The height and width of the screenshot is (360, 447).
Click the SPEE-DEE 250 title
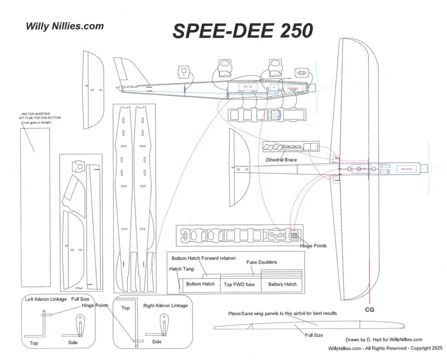[242, 31]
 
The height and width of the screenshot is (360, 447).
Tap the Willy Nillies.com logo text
[65, 26]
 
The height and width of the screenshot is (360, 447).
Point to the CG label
[369, 309]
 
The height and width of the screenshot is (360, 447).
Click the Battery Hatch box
[282, 284]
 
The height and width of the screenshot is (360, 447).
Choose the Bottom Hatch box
[200, 284]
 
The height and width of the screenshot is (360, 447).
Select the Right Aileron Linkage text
[165, 305]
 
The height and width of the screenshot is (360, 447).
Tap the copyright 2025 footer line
[385, 347]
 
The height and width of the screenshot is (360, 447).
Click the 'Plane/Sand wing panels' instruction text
[282, 314]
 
